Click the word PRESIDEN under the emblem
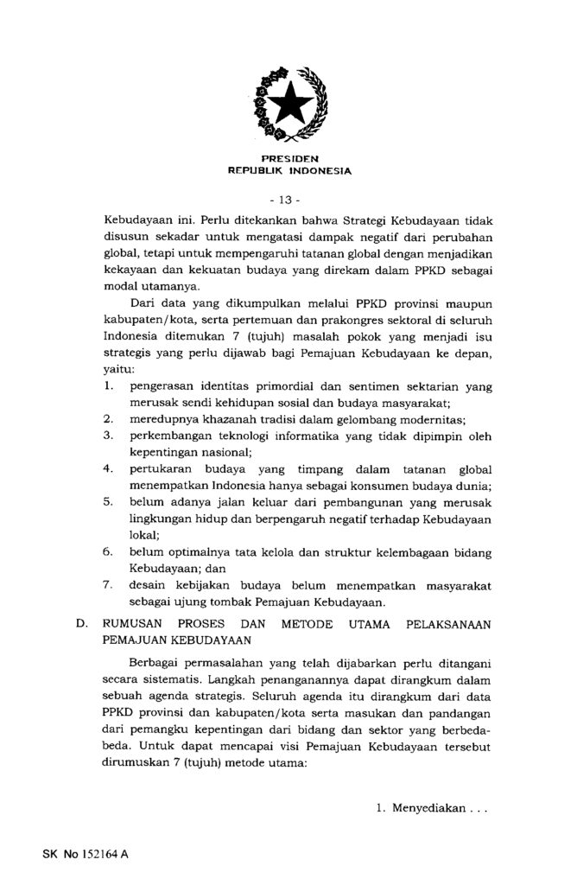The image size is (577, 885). [289, 159]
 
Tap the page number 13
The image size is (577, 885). [289, 200]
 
